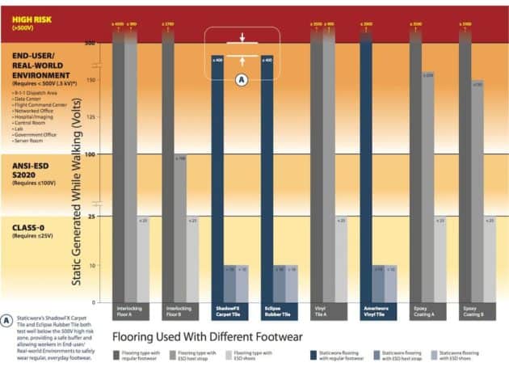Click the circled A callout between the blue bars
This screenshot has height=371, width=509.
241,79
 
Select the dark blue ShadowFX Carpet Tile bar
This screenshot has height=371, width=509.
217,178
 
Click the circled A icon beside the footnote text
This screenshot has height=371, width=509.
7,320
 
